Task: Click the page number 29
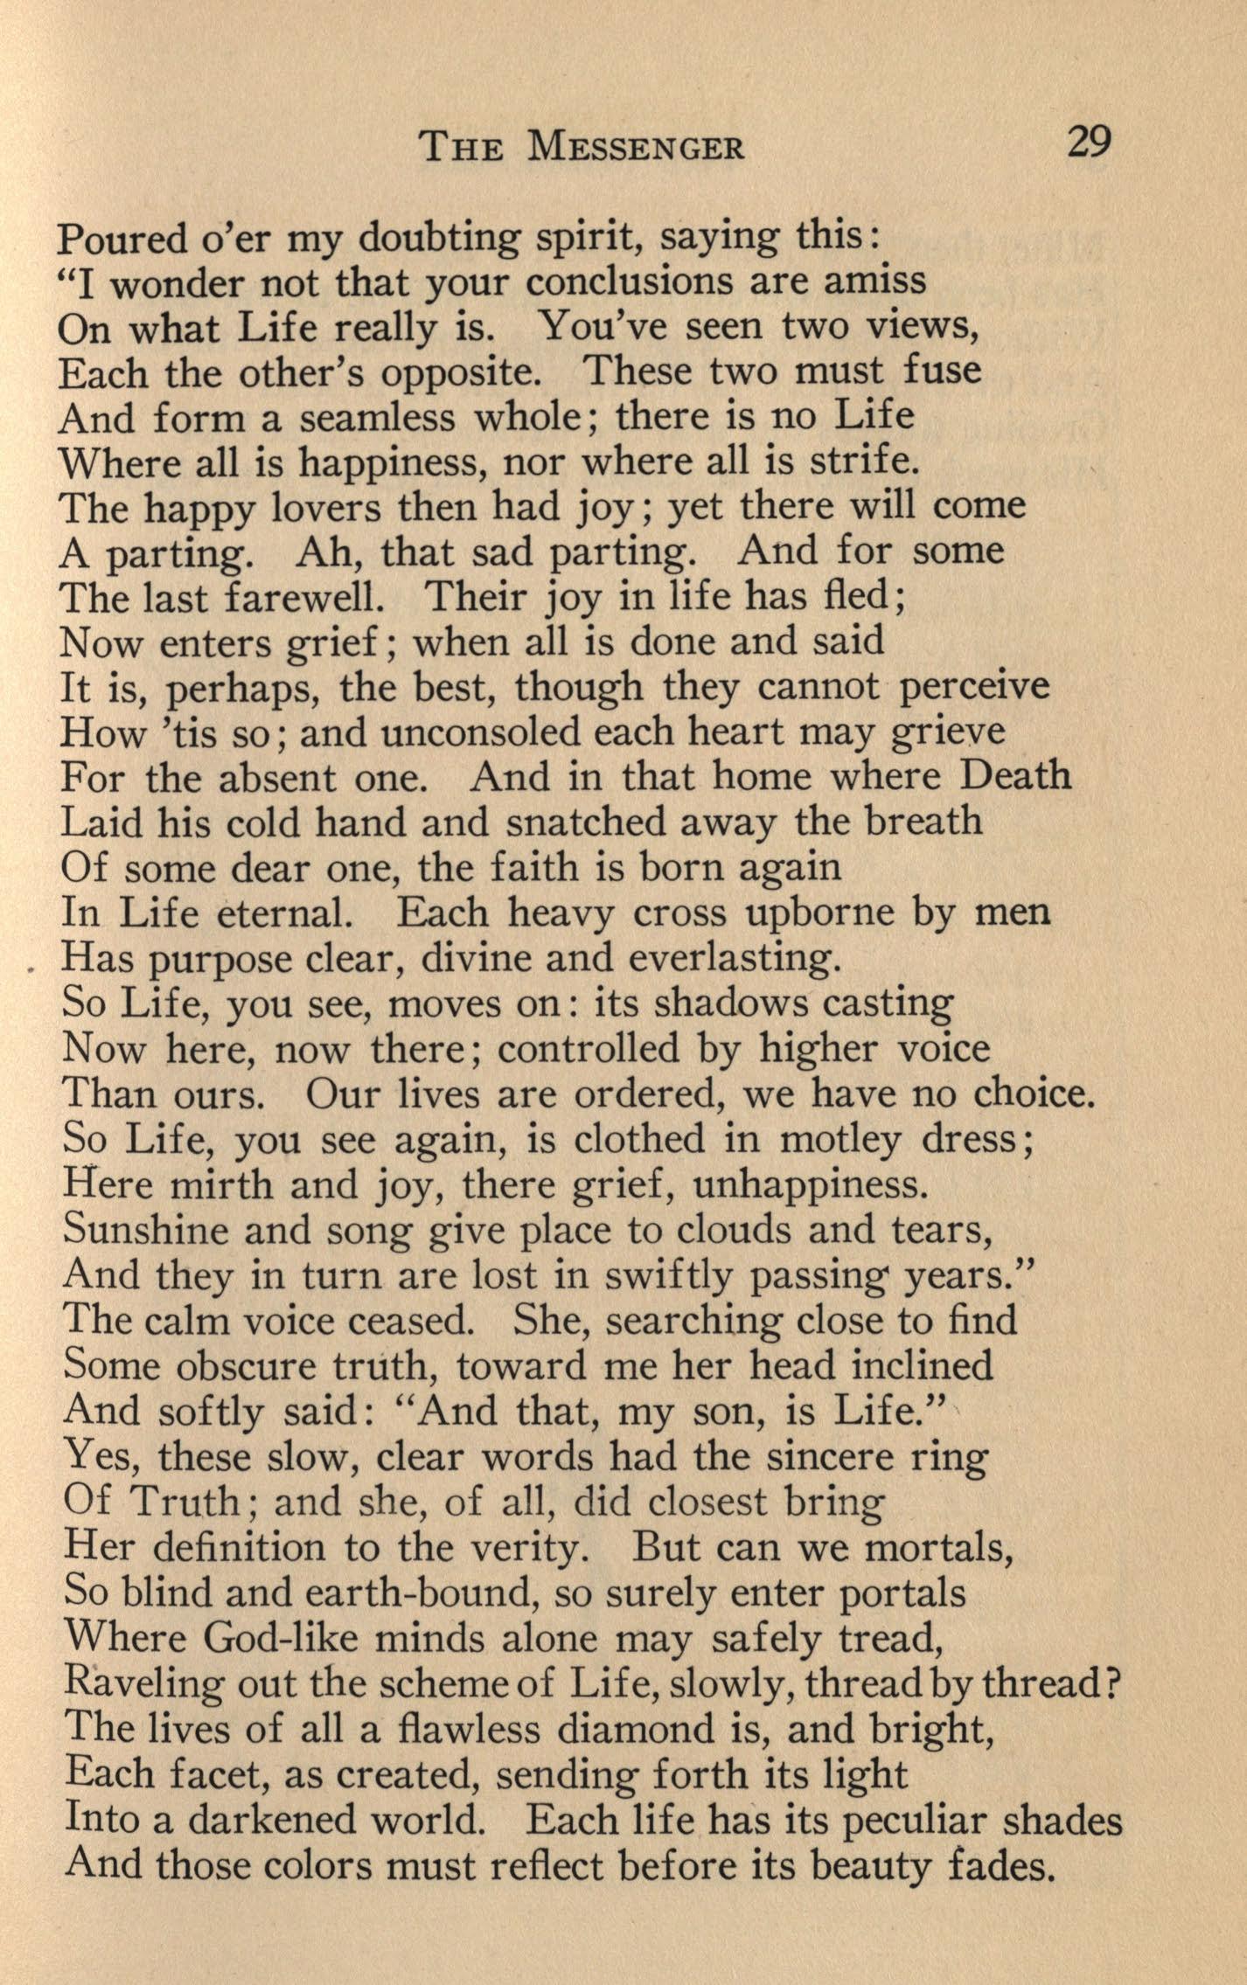1088,142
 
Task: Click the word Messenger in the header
637,146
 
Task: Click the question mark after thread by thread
1113,1683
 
